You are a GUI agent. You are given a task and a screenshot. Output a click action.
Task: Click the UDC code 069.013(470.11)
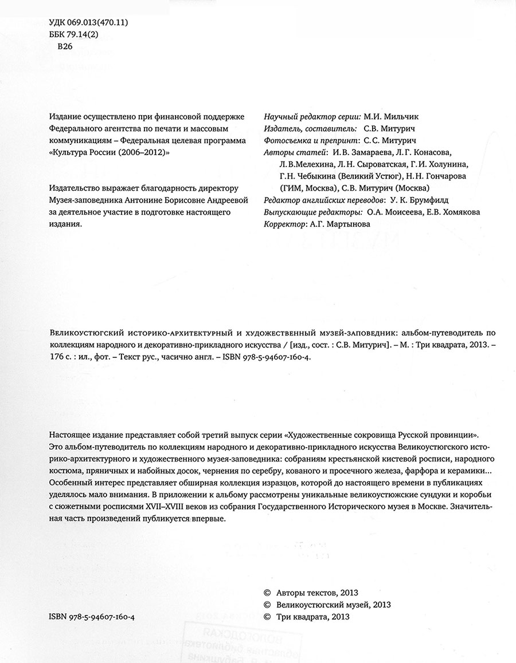pyautogui.click(x=98, y=23)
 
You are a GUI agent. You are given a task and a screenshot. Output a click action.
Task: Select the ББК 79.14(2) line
pyautogui.click(x=75, y=34)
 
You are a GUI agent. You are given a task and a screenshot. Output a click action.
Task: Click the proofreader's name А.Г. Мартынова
pyautogui.click(x=339, y=224)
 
